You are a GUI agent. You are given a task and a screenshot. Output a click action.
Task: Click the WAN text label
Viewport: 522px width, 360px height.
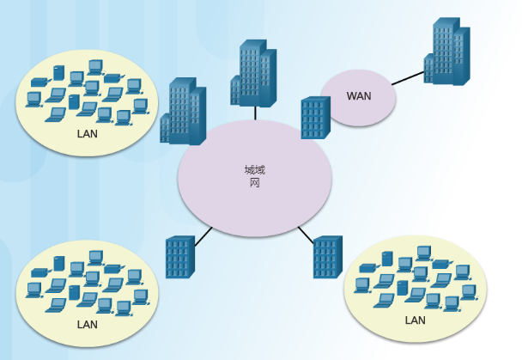359,95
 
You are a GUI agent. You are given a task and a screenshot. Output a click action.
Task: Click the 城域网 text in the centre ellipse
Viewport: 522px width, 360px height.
255,176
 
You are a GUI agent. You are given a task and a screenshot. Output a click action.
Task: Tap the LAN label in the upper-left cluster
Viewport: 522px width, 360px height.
88,134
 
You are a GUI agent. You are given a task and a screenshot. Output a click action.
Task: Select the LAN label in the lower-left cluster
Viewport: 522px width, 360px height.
88,325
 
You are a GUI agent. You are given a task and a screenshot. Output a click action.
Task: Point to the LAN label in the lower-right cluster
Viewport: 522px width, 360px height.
415,320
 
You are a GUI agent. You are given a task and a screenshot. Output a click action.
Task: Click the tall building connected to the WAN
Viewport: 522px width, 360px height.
448,53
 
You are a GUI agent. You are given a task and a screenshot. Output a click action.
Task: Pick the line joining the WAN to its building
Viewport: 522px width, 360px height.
409,78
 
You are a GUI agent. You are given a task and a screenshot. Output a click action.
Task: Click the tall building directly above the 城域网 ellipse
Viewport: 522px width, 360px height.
252,73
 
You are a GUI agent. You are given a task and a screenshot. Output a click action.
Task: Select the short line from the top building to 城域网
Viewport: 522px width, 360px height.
255,113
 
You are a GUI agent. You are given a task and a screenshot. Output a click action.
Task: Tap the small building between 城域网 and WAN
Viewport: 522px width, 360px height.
315,118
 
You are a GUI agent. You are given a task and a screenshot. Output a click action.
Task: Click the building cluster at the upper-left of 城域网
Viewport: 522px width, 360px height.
183,113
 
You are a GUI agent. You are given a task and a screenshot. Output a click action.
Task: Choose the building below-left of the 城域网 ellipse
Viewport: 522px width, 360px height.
179,257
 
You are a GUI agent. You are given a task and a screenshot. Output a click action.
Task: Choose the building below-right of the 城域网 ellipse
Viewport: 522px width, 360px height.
327,257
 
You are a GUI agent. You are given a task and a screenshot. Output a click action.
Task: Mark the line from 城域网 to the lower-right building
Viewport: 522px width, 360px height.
306,235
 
